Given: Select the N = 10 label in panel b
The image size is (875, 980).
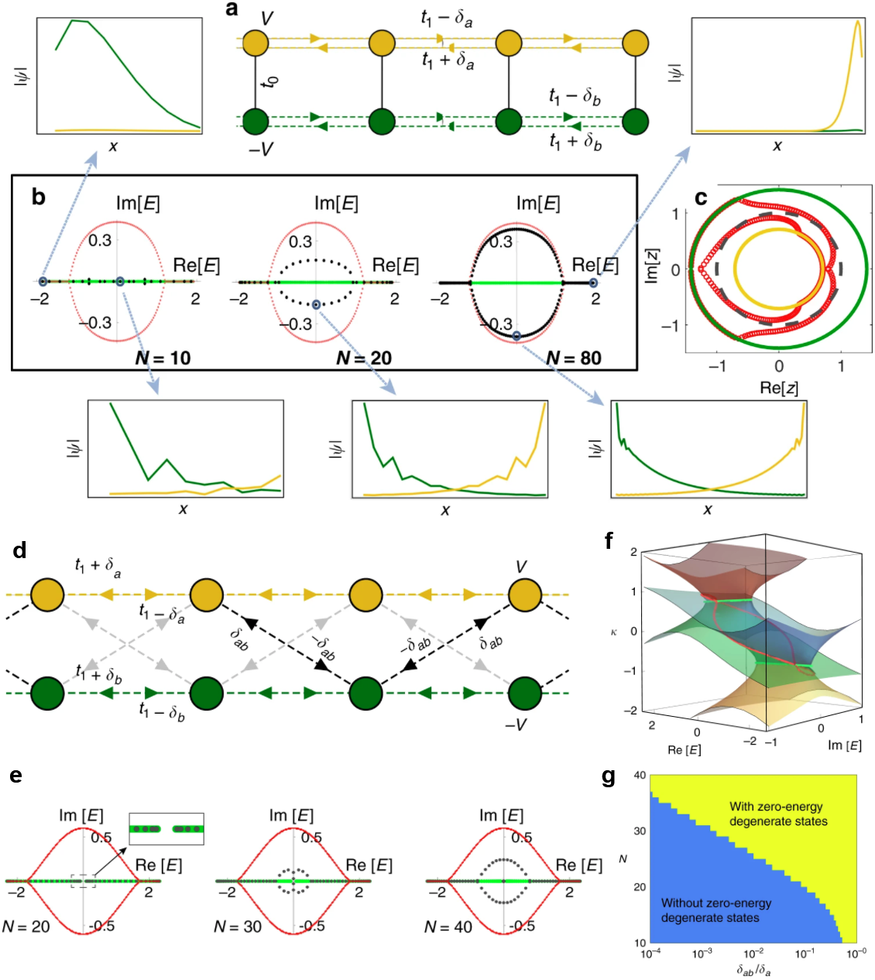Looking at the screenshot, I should [163, 358].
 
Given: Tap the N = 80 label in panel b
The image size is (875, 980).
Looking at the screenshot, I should [574, 358].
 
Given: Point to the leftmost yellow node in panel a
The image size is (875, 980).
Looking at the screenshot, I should [256, 43].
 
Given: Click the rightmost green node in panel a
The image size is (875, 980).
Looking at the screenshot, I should [635, 121].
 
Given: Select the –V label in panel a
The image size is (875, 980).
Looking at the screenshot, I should [260, 149].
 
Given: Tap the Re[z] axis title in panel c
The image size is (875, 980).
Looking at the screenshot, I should [779, 388].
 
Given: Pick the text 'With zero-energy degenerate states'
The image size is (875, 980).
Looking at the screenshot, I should [777, 814].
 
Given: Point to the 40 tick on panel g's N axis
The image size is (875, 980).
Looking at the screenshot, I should [640, 775].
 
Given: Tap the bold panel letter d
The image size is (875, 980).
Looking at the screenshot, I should [20, 550].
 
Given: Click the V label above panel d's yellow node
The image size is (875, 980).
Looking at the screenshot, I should [521, 567].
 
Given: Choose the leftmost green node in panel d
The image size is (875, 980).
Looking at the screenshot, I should [47, 693].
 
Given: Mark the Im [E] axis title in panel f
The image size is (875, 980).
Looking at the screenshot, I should [844, 745].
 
